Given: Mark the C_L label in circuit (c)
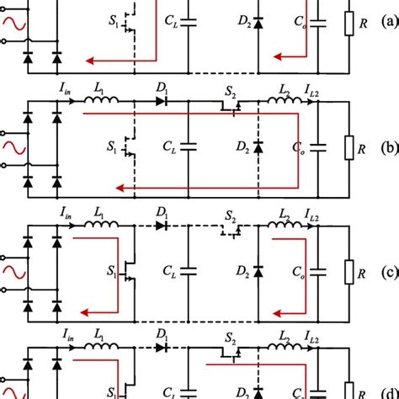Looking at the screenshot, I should click(x=169, y=274).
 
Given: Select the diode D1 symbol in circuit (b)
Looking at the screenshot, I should click(x=162, y=103).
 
